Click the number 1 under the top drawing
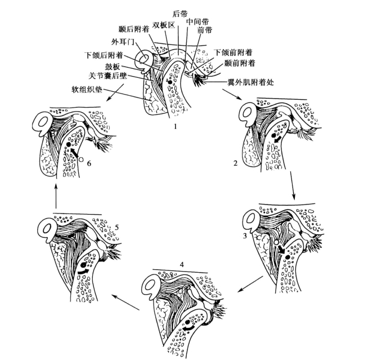(x=176, y=126)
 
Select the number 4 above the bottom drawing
(x=182, y=263)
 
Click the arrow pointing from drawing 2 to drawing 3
(x=293, y=184)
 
